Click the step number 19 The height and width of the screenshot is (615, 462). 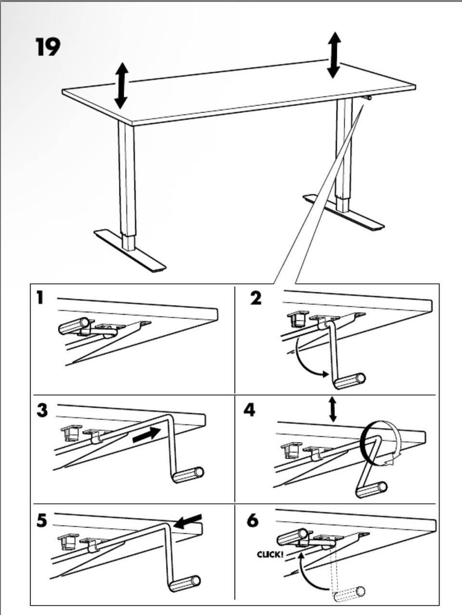(x=48, y=47)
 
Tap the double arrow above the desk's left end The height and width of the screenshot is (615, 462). (x=121, y=85)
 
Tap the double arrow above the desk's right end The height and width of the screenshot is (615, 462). (x=334, y=55)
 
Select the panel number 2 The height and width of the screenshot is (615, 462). (x=256, y=298)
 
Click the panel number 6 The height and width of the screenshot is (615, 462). (x=252, y=521)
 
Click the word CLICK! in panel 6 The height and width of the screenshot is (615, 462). (x=270, y=554)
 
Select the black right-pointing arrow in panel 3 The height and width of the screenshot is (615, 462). (x=145, y=434)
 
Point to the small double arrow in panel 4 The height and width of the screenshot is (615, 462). (x=332, y=410)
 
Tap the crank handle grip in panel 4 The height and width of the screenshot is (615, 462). (x=371, y=489)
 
